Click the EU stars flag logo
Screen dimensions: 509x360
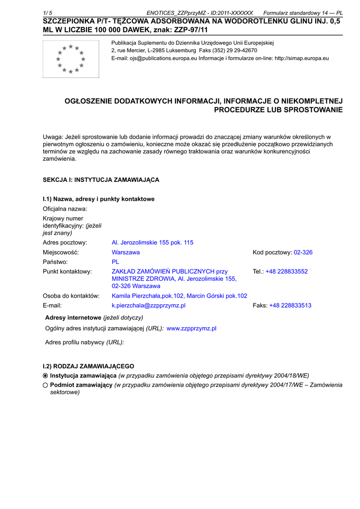[x=71, y=59]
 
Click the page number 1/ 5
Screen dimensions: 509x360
[x=49, y=13]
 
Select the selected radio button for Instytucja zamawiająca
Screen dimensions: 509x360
[x=45, y=376]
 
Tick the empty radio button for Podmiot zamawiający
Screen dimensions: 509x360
[x=45, y=385]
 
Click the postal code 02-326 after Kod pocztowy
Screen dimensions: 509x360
[x=303, y=253]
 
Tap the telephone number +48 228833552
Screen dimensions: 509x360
[x=286, y=271]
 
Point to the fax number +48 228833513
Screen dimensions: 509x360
[x=290, y=305]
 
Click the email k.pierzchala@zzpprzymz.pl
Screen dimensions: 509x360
[x=149, y=305]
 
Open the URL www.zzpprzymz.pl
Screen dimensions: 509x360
[x=191, y=329]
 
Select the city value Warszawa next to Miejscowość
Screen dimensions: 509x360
[x=126, y=253]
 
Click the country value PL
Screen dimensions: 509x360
[x=115, y=261]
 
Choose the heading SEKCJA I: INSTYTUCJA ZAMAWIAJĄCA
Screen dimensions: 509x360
[x=101, y=179]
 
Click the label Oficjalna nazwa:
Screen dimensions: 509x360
[x=65, y=209]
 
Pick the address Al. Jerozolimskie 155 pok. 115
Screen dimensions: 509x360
[x=153, y=243]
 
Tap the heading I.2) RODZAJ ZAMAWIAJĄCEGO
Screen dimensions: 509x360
[x=89, y=366]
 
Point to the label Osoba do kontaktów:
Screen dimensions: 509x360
[x=71, y=296]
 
